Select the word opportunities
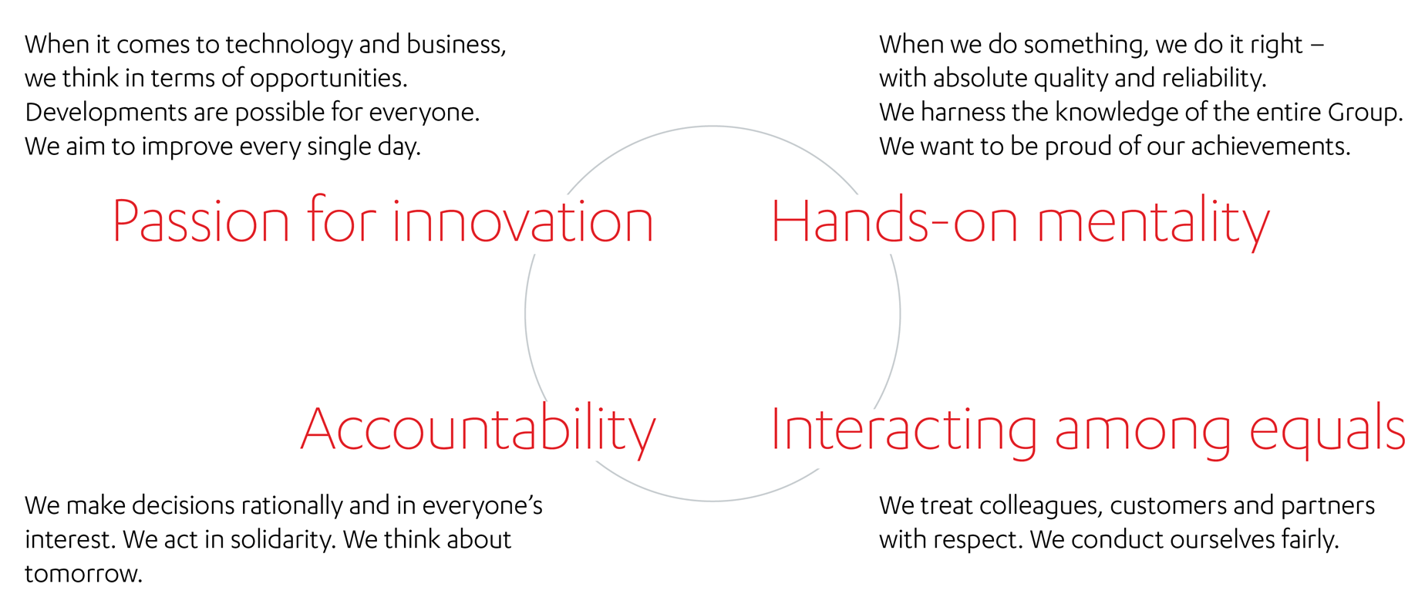tap(328, 78)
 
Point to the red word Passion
tap(201, 221)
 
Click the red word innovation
tap(524, 221)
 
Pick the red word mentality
tap(1154, 224)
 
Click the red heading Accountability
tap(478, 430)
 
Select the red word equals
tap(1327, 429)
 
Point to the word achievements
tap(1271, 146)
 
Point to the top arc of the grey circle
tap(712, 127)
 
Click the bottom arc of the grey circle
tap(712, 501)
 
